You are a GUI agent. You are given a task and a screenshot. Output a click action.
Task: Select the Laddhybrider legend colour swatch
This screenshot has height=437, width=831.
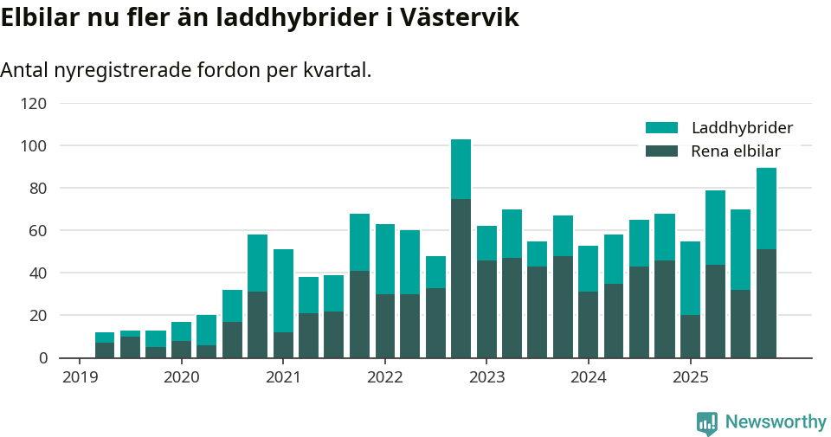[x=661, y=128]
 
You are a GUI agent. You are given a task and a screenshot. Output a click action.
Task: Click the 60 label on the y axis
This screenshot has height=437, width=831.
[x=37, y=230]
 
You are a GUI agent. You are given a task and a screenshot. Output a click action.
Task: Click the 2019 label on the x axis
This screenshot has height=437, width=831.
[x=80, y=377]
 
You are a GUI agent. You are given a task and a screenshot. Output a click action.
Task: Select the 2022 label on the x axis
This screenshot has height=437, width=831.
[x=385, y=377]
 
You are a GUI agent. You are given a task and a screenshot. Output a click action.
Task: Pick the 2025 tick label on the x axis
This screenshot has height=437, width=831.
[x=690, y=377]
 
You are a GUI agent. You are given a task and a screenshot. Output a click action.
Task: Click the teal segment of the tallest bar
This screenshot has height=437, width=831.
[x=461, y=169]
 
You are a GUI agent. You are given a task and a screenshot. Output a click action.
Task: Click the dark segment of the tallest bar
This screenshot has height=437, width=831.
[x=461, y=277]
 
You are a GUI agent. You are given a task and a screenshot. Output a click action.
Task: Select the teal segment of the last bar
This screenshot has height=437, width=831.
[x=766, y=209]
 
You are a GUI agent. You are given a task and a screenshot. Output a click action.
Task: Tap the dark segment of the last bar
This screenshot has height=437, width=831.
[x=766, y=303]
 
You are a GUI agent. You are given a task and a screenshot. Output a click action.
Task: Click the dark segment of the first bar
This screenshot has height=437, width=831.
[x=105, y=350]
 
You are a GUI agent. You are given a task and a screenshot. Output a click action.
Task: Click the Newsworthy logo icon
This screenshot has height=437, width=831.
[x=707, y=422]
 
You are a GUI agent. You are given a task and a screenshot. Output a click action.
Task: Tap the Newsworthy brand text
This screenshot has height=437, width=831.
[x=776, y=422]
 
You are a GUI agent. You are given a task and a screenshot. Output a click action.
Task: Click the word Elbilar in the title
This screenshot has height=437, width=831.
[x=38, y=17]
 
